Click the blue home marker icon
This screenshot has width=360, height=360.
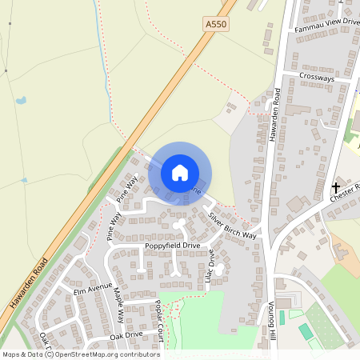[x=180, y=171]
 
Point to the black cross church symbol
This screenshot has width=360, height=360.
[x=335, y=187]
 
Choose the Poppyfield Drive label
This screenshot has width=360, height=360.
[x=172, y=245]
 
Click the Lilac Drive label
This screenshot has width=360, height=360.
[x=212, y=262]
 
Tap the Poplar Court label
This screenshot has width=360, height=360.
[x=160, y=320]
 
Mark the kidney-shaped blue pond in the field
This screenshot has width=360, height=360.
[x=20, y=102]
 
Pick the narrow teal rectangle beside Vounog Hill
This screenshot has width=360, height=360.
[x=282, y=318]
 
